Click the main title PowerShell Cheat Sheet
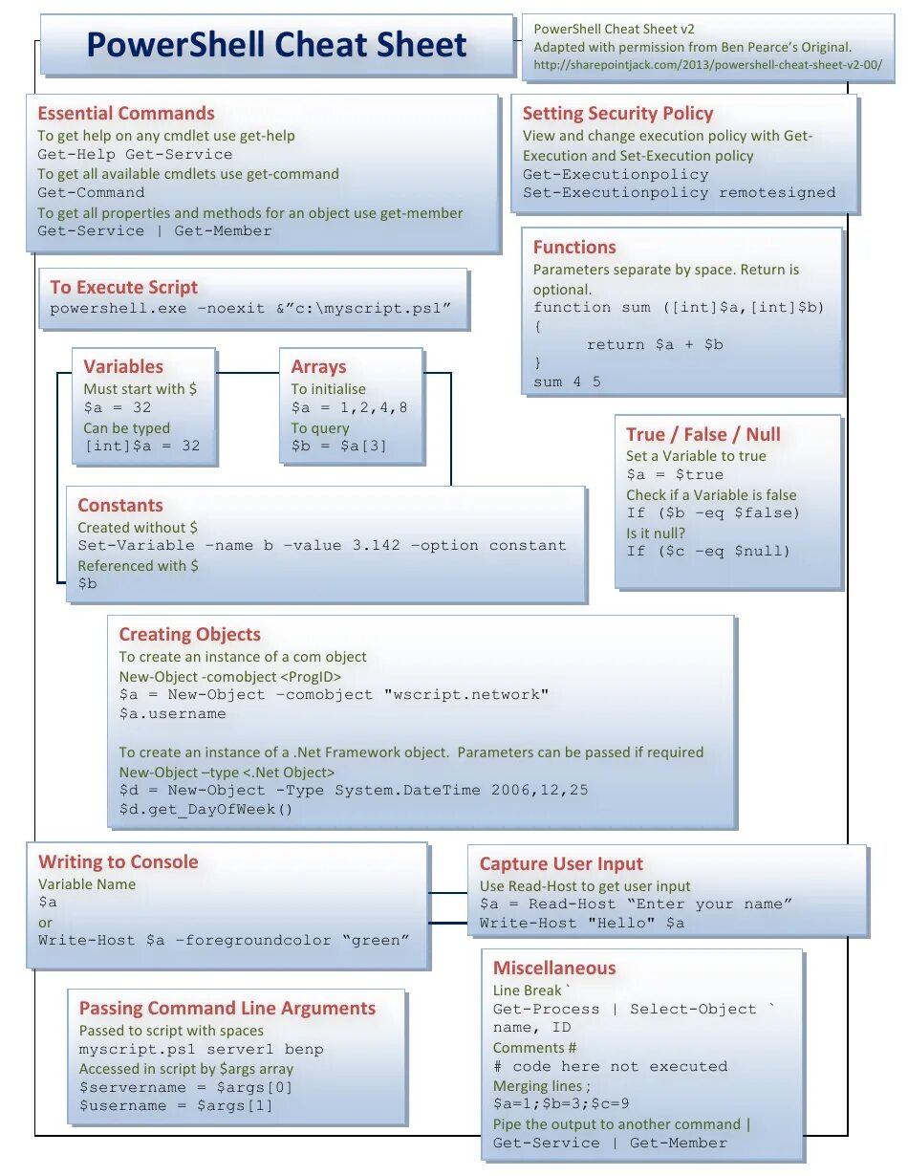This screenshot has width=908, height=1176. point(276,45)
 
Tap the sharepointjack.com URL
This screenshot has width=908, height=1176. point(707,65)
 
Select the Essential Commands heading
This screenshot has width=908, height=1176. point(126,113)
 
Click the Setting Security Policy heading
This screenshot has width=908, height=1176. point(617,113)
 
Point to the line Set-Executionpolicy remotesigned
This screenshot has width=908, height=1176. point(679,192)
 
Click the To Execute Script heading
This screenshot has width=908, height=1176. point(124,287)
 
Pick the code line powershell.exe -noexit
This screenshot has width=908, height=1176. point(249,308)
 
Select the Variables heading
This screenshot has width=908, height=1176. point(123,366)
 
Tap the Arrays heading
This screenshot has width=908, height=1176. point(318,366)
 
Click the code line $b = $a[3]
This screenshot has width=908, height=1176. point(339,446)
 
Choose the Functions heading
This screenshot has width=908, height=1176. point(574,247)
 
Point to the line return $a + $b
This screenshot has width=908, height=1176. point(655,344)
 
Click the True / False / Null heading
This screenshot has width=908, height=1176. point(703,434)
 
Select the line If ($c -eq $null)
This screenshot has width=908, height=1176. point(708,551)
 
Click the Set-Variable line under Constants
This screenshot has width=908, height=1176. point(322,545)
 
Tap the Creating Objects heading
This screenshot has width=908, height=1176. point(189,634)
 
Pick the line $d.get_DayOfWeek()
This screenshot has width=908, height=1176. point(205,809)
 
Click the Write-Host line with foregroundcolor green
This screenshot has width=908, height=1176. point(224,940)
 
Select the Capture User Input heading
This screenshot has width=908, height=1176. point(561,863)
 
